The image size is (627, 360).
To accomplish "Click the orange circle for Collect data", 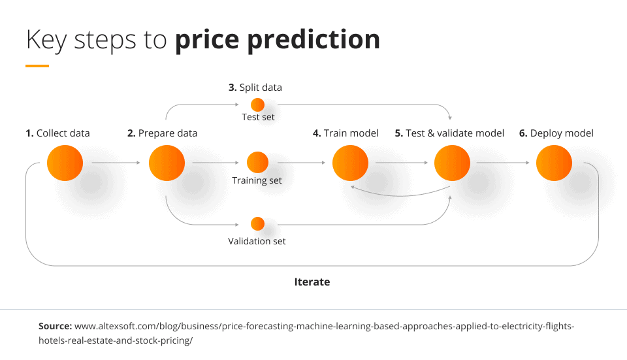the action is [65, 163].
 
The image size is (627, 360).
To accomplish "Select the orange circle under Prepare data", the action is [167, 163].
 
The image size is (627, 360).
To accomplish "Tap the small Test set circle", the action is [257, 105].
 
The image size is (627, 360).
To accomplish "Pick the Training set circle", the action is [257, 163].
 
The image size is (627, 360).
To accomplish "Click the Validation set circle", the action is [257, 224].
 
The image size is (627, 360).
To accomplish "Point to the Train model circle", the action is [350, 163].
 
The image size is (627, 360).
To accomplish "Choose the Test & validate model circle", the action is [452, 163].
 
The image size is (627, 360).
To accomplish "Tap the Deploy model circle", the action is [555, 163].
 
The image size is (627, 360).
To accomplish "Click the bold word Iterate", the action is [312, 282].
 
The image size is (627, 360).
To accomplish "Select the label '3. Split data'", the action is [255, 88].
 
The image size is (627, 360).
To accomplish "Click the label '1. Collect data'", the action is [57, 133].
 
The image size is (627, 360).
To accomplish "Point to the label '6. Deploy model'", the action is [556, 133].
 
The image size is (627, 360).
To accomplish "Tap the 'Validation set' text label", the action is [257, 241].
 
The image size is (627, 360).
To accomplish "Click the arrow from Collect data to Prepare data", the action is [116, 163].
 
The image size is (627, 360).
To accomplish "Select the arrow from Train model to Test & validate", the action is [402, 163].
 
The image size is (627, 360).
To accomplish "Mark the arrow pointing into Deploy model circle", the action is [503, 163].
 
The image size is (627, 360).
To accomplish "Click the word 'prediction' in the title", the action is [313, 40].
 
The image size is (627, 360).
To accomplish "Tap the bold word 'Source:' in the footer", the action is [55, 326].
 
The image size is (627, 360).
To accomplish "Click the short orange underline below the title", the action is [37, 66].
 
